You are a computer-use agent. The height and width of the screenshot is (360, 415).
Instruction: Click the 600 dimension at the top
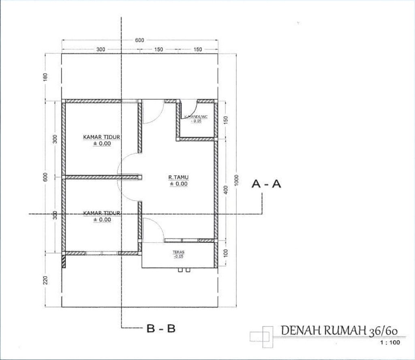coord(139,40)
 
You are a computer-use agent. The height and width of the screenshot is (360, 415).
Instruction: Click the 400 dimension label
coord(226,190)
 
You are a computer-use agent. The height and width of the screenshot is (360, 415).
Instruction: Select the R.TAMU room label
coord(178,177)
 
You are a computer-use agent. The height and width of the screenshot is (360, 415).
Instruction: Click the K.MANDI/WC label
coord(196,117)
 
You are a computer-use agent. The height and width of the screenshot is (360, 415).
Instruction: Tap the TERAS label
coord(178,251)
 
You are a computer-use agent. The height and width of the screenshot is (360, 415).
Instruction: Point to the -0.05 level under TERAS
coord(178,256)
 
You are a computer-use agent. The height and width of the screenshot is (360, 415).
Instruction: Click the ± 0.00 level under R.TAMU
coord(178,183)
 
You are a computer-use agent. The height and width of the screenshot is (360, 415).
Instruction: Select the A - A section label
coord(266,184)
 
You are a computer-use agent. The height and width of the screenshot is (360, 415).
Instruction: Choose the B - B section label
coord(161,328)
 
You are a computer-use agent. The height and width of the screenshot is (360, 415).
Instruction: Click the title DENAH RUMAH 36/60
coord(338,330)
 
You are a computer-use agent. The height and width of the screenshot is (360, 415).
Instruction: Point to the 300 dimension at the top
coord(101,49)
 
